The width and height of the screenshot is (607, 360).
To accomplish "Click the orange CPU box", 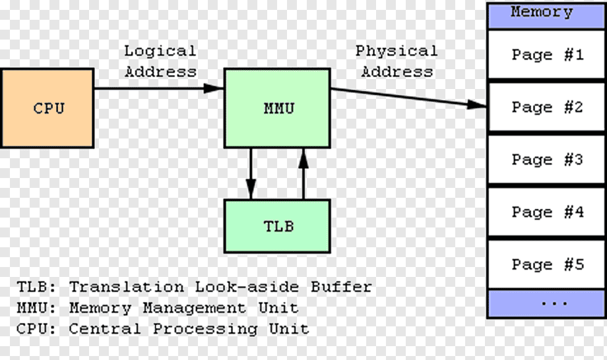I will pos(47,108).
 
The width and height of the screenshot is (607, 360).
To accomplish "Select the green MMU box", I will pos(277,108).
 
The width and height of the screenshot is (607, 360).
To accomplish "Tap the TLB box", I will pos(277,226).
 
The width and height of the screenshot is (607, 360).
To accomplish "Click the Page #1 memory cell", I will pos(546,55).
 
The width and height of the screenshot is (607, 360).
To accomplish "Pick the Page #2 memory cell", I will pos(546,107).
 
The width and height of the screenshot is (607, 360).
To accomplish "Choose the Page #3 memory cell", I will pos(546,160).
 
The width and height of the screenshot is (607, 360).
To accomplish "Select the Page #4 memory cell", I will pos(546,212).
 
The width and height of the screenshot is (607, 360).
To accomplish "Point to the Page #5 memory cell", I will pos(546,264).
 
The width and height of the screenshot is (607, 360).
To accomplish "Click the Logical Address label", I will pos(160,61).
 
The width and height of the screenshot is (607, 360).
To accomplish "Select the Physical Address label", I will pos(397,61).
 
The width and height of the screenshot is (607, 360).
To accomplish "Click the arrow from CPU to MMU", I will pos(158,88).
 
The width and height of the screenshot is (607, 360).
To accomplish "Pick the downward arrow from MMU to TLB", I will pos(251,173).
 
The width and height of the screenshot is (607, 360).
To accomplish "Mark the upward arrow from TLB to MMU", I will pos(303,173).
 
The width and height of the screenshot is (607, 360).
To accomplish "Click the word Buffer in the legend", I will pos(340,287).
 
